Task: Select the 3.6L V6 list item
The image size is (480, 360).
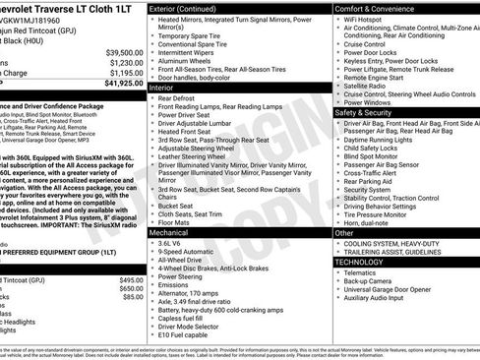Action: (x=170, y=243)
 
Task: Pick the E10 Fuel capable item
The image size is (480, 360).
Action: (x=183, y=334)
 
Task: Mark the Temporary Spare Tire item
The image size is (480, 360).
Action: (x=196, y=33)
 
